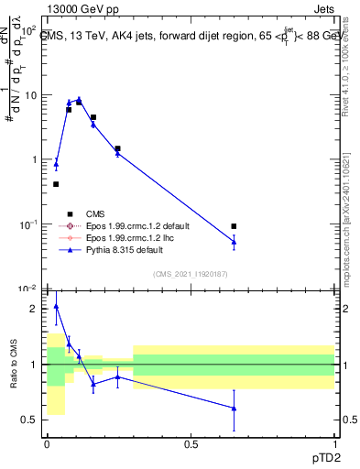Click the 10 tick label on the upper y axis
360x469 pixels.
(29, 95)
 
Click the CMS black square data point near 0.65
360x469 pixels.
(234, 226)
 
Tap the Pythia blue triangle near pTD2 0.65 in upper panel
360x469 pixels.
(234, 242)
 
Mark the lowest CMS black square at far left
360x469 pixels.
(56, 184)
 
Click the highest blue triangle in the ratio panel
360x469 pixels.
(56, 307)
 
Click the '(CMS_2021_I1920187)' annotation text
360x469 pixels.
(191, 273)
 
